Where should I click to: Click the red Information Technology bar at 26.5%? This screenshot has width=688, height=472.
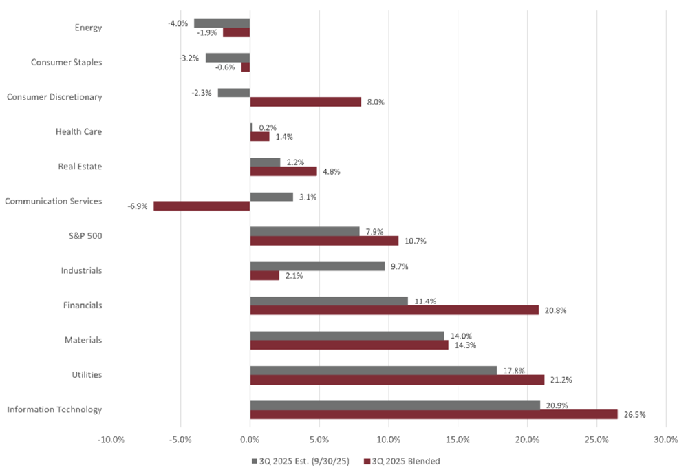tap(433, 414)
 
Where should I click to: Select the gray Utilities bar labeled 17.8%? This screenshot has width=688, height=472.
tap(373, 370)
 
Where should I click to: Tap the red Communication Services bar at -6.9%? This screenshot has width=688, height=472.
tap(202, 206)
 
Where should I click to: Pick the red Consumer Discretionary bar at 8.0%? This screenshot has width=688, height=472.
tap(305, 102)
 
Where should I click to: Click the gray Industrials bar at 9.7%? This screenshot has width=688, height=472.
tap(317, 266)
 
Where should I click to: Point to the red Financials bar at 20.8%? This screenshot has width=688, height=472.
tap(394, 310)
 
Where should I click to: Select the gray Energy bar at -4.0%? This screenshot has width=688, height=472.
tap(222, 23)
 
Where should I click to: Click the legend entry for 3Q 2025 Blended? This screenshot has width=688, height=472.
tap(405, 461)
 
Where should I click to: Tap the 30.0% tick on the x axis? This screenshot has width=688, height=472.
tap(666, 439)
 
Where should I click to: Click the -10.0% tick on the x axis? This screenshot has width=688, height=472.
tap(111, 439)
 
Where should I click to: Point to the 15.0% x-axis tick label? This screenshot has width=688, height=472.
tap(458, 439)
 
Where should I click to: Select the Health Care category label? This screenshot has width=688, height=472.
tap(79, 131)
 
